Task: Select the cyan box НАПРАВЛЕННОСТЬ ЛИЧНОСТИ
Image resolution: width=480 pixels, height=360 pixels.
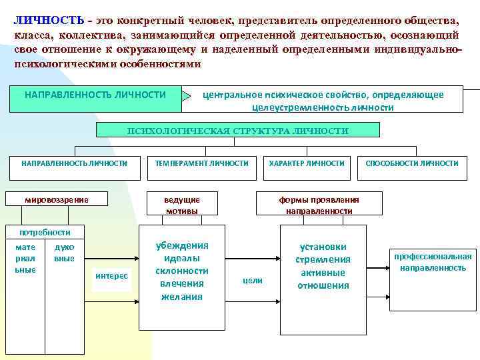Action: click(95, 95)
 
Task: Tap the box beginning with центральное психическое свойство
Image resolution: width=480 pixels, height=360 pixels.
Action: click(323, 101)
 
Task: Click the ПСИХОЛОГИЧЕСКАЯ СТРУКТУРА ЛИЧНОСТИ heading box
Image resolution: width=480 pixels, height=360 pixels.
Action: click(238, 131)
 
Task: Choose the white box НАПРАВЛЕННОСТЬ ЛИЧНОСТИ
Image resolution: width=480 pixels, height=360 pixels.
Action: click(74, 163)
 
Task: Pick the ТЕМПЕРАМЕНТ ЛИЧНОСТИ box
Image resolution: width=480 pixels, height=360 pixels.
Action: click(201, 163)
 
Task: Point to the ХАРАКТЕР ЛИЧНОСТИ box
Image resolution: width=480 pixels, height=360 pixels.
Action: click(307, 163)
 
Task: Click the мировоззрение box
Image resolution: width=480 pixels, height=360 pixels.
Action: click(57, 199)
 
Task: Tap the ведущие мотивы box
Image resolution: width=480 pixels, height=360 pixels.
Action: click(182, 205)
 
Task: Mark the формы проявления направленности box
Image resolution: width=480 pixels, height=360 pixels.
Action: click(319, 205)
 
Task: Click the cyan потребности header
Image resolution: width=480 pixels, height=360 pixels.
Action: click(45, 232)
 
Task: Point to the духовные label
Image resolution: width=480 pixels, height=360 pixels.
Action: click(65, 253)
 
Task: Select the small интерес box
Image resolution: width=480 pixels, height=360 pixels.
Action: click(112, 275)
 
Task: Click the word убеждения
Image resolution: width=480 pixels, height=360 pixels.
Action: click(182, 245)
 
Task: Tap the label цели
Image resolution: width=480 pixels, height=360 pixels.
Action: click(252, 281)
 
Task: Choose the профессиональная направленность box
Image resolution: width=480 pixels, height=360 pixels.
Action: click(433, 262)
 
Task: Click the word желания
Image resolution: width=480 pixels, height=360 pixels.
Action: click(182, 297)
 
